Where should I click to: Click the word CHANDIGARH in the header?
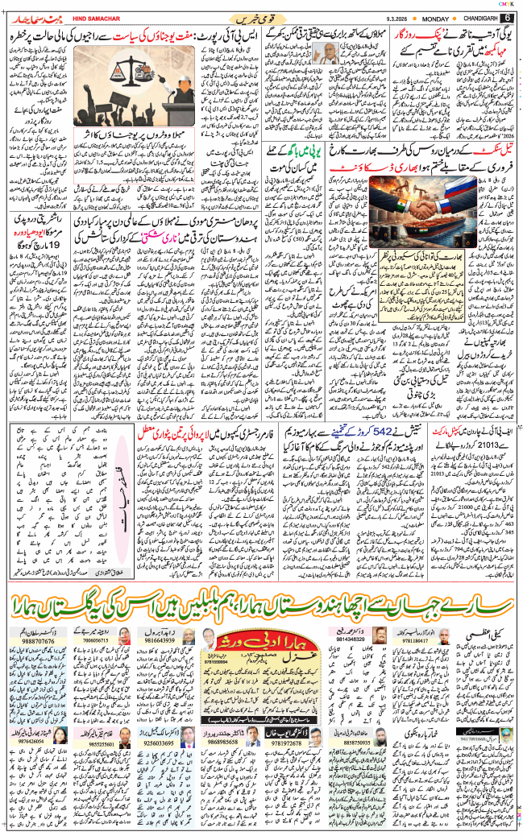click(475, 18)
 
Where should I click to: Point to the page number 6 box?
click(508, 18)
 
